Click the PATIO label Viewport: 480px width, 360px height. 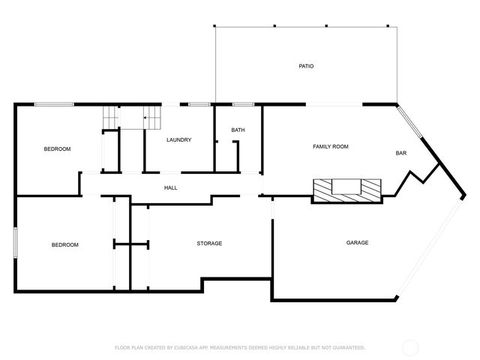click(x=305, y=66)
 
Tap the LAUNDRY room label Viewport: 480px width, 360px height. click(x=178, y=139)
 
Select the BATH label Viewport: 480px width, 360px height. click(x=238, y=130)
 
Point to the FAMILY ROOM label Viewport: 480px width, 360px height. click(x=330, y=146)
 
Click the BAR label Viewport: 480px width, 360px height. click(x=400, y=153)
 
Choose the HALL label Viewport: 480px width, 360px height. click(x=170, y=187)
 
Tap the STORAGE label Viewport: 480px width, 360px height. click(x=209, y=243)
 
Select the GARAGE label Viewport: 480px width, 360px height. click(x=357, y=242)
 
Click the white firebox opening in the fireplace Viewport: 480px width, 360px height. click(x=346, y=187)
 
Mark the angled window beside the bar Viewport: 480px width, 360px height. click(x=410, y=122)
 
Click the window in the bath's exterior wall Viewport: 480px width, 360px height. click(x=242, y=103)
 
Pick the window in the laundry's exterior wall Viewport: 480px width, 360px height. click(x=199, y=103)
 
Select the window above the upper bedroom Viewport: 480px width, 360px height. click(x=54, y=103)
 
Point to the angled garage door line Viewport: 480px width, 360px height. click(x=428, y=248)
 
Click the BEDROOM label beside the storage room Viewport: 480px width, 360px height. click(x=64, y=244)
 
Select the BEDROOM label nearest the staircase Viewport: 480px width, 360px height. click(x=57, y=148)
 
